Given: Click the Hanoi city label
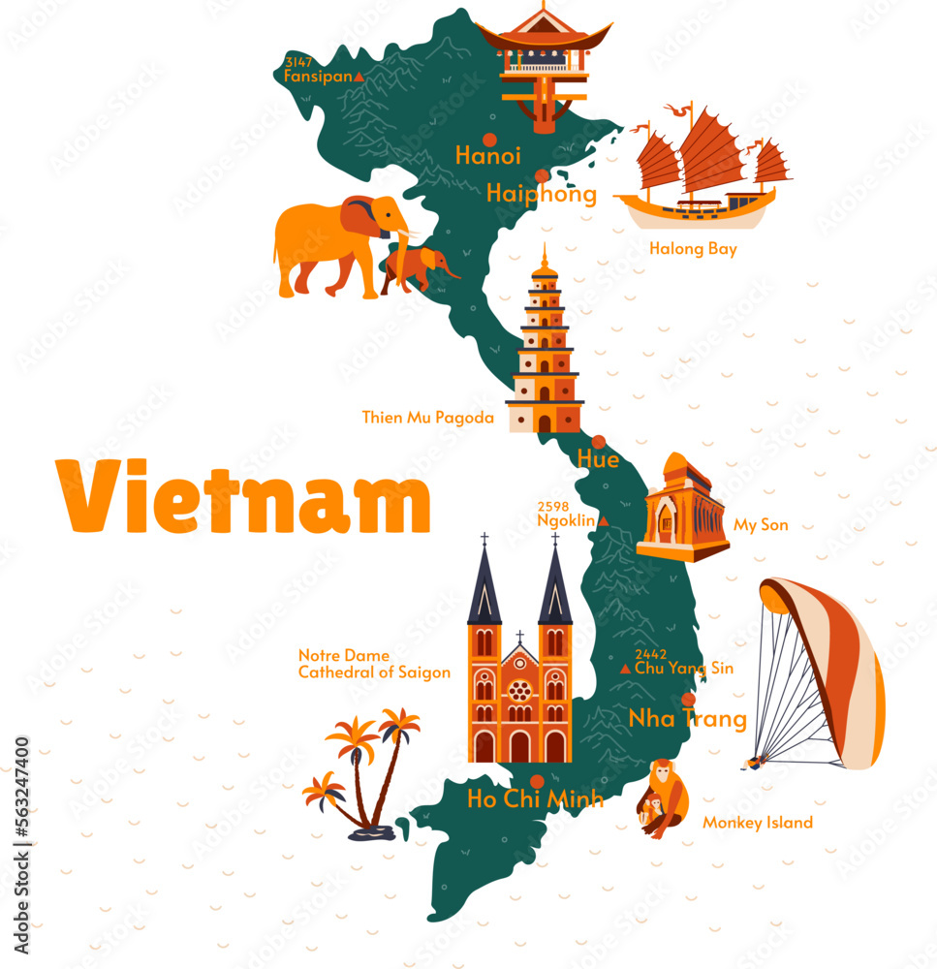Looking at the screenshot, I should [487, 155].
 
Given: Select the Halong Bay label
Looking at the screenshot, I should [693, 249].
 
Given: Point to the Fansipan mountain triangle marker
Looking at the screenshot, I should [359, 76].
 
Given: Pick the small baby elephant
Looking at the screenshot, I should [418, 266].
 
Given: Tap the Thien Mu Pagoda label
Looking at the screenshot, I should [428, 418].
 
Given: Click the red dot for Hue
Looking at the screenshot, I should [599, 442].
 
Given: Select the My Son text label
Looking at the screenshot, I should [761, 525].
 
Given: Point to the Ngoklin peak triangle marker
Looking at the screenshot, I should [604, 521].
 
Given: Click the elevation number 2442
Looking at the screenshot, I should [650, 655].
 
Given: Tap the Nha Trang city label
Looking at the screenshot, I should [687, 719].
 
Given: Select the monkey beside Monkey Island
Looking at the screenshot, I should [664, 799].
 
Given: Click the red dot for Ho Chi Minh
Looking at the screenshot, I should [537, 781].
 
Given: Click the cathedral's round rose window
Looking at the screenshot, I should [520, 691].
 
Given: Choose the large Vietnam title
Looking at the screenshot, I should [242, 497].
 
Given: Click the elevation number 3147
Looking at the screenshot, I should [298, 62].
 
